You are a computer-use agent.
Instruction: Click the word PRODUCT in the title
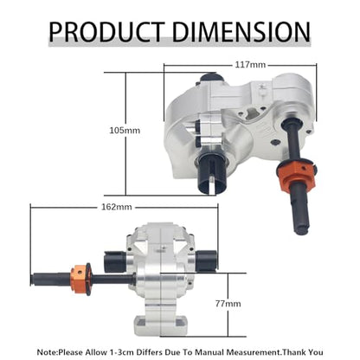106,31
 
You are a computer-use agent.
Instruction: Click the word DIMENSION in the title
241,31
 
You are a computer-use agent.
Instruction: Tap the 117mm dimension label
250,65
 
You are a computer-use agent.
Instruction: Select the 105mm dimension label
125,131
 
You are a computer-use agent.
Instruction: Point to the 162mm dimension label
117,207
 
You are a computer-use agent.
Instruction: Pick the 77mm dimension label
228,304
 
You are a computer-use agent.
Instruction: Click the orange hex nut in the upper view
296,175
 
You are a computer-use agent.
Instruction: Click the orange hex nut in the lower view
80,279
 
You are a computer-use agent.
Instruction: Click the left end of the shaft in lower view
31,280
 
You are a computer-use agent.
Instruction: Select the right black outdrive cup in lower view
206,260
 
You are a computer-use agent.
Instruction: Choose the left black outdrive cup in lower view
114,261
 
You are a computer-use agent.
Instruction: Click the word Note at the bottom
47,352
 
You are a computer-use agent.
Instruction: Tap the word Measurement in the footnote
253,352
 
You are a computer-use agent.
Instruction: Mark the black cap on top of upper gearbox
212,78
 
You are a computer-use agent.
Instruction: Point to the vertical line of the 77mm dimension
228,305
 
